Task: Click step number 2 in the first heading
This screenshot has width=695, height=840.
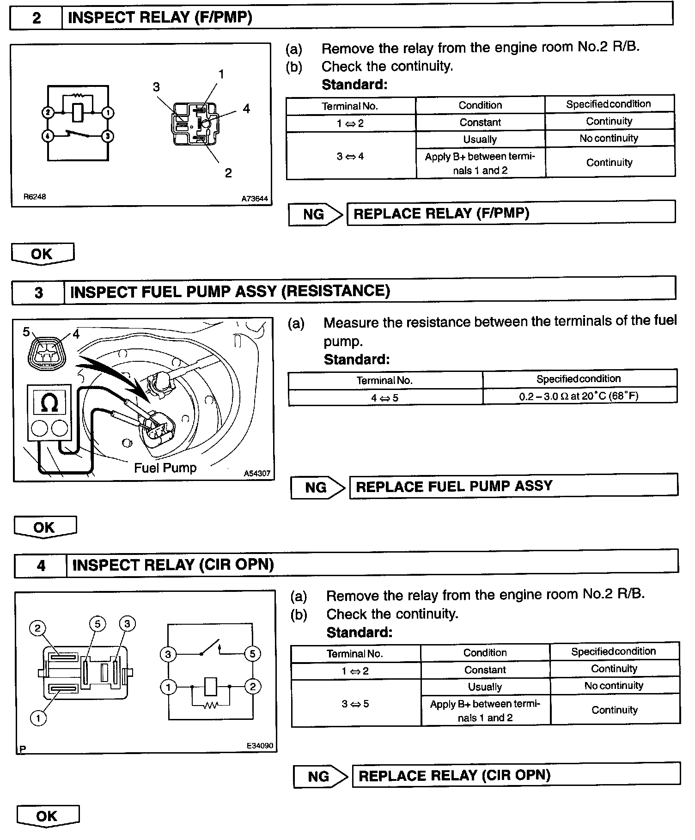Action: pos(37,18)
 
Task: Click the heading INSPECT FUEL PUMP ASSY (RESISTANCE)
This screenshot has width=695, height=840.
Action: pos(230,291)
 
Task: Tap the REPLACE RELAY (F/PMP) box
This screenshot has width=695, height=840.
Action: pos(511,213)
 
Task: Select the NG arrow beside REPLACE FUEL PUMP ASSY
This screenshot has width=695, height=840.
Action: pos(317,487)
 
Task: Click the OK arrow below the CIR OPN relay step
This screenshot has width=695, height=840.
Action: pos(47,816)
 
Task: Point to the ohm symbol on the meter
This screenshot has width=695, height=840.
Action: pos(49,402)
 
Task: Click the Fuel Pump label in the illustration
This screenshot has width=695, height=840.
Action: pos(165,468)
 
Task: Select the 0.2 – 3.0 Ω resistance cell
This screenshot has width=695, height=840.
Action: pos(579,396)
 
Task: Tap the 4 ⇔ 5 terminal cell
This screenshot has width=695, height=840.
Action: pos(384,397)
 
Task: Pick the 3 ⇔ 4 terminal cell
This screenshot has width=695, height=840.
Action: pos(350,157)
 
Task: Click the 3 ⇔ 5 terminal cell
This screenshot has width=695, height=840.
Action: pos(355,704)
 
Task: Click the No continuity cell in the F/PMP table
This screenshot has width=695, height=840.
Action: pos(609,139)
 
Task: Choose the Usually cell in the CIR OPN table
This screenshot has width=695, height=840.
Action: pos(485,687)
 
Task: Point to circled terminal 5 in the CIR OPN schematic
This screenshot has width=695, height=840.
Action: pos(252,654)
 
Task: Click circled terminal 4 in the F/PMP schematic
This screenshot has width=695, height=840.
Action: pos(48,136)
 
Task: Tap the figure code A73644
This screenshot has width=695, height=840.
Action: pos(255,199)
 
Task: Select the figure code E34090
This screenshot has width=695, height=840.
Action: pos(260,745)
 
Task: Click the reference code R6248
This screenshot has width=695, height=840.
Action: pos(35,196)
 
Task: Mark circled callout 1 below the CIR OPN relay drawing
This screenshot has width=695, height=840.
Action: pos(38,718)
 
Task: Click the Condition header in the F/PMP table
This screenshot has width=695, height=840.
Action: pos(480,105)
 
